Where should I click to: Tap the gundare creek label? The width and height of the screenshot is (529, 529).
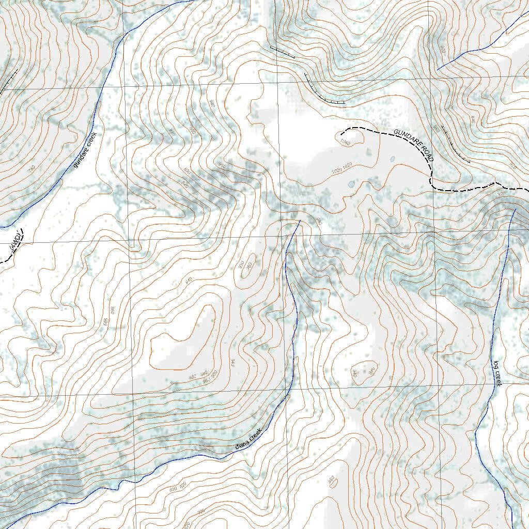tap(85, 150)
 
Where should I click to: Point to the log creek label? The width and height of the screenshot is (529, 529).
tap(497, 373)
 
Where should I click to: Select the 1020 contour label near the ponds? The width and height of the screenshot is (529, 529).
tap(336, 169)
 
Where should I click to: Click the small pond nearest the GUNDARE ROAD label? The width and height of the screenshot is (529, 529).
tap(392, 159)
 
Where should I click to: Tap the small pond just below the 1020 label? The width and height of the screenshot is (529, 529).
tap(352, 184)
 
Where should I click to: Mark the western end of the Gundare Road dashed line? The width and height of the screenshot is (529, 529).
tap(342, 135)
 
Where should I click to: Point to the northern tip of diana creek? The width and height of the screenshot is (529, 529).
tap(300, 221)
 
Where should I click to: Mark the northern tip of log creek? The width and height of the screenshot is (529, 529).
tap(515, 209)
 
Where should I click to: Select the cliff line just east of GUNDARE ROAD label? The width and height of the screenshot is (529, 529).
tap(456, 154)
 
